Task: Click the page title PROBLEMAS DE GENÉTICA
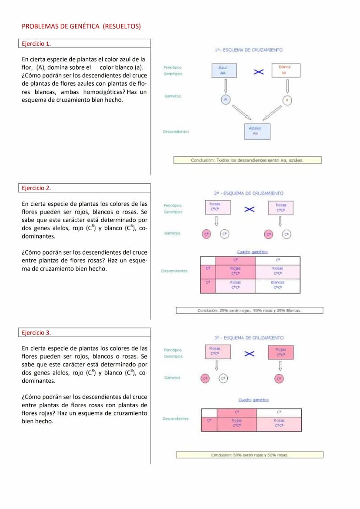click(x=81, y=27)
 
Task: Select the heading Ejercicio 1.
click(x=36, y=44)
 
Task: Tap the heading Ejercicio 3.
click(x=36, y=333)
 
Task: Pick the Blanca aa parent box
click(x=285, y=70)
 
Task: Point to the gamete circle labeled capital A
click(x=225, y=100)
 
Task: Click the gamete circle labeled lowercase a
click(x=287, y=100)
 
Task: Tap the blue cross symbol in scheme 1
click(x=259, y=71)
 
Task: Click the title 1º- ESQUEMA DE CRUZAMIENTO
click(x=249, y=50)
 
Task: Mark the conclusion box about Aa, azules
click(x=247, y=160)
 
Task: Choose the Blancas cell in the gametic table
click(x=278, y=285)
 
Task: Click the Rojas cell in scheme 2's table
click(x=236, y=271)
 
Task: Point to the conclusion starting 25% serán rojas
click(x=249, y=311)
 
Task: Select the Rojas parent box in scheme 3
click(x=280, y=352)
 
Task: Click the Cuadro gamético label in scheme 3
click(x=253, y=400)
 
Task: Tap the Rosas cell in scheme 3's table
click(x=279, y=423)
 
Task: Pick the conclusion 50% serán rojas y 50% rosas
click(x=250, y=455)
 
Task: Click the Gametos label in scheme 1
click(x=173, y=96)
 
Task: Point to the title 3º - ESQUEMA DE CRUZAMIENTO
click(x=249, y=338)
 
